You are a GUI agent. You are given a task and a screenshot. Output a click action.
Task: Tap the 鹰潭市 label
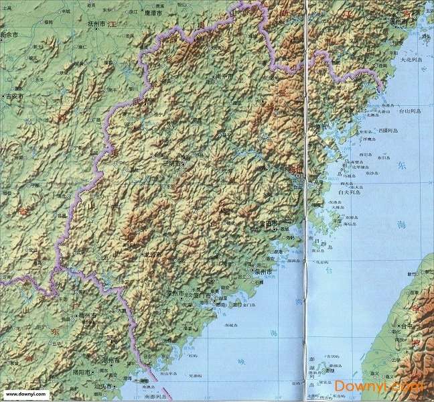[x=153, y=11]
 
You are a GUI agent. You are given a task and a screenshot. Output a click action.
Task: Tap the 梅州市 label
[x=88, y=314]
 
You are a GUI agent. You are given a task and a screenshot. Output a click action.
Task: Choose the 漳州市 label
[x=175, y=293]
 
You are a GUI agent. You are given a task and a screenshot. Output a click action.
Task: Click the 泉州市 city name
[x=263, y=272]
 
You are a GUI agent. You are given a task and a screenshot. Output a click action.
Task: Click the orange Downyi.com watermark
[x=378, y=387]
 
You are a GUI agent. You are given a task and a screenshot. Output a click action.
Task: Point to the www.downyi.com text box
[x=24, y=395]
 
